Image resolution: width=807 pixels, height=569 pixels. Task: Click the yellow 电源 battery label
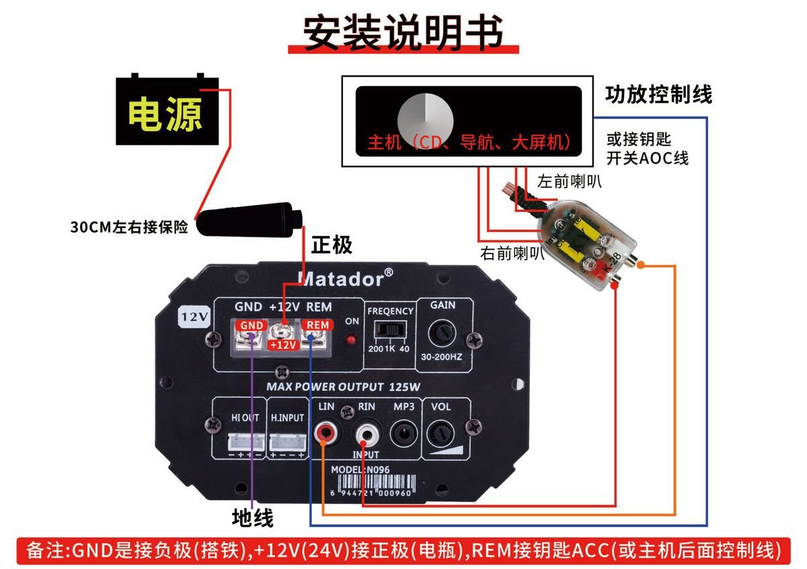click(165, 114)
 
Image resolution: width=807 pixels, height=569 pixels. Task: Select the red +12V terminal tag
click(283, 345)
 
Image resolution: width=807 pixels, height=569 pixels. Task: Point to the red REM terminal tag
click(317, 326)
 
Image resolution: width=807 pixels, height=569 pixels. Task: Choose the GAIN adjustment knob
click(443, 332)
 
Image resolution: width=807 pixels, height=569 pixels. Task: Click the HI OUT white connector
click(245, 441)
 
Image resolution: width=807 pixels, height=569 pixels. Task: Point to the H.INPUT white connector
click(287, 441)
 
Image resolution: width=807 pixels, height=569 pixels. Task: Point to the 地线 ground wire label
click(252, 517)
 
